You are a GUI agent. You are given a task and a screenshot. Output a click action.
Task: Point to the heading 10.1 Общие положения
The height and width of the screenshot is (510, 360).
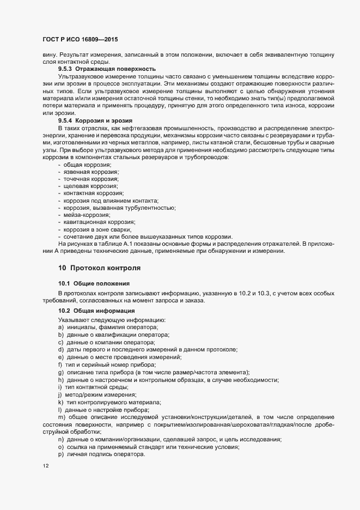(x=94, y=283)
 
